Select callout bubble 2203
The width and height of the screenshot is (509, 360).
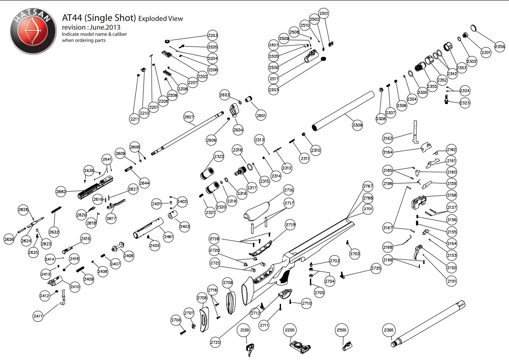[x=213, y=36]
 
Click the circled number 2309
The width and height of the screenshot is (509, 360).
[x=358, y=125]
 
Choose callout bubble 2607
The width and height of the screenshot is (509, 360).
[x=189, y=117]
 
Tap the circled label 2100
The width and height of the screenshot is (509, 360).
[x=245, y=330]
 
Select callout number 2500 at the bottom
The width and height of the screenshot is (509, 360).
[x=342, y=330]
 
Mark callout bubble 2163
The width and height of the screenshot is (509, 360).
[x=388, y=138]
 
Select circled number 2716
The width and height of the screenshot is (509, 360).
[x=289, y=190]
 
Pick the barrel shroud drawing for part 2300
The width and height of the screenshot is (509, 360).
[x=429, y=324]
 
